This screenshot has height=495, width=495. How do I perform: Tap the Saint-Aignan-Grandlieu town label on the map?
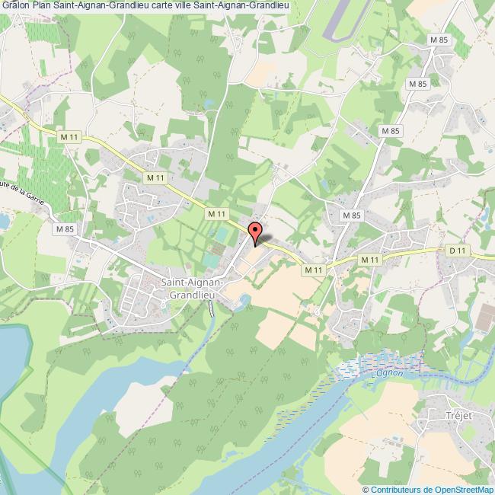pos(192,289)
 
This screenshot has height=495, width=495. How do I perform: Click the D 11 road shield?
pos(456,250)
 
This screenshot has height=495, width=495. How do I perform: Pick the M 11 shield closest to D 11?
pos(370,260)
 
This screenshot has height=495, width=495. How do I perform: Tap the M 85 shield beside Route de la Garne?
pos(64,228)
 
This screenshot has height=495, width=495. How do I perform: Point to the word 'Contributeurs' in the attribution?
pos(396,489)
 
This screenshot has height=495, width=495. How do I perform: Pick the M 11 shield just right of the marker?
pos(313,270)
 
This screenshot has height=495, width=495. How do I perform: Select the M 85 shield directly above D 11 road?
pos(351,216)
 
